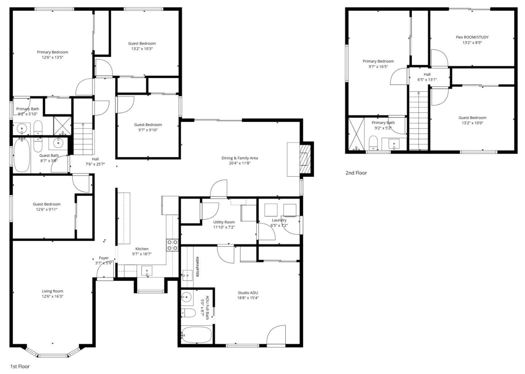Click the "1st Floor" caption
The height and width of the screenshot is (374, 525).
coord(20,366)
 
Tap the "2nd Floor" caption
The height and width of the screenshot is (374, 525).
coord(356,173)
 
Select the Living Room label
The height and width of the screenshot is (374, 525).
coord(52,291)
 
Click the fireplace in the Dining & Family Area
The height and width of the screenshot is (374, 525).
coord(303,159)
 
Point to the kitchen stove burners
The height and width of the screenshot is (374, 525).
coord(172,245)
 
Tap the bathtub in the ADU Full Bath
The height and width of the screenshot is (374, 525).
coord(197,335)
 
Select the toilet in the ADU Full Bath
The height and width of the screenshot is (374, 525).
coord(188,312)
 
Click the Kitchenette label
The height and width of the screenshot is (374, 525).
coord(198,267)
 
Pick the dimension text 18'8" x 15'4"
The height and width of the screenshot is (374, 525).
coord(248,298)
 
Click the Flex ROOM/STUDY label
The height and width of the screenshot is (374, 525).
coord(472,37)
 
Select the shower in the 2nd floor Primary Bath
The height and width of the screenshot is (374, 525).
coord(356,134)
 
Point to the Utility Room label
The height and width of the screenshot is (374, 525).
coord(224,222)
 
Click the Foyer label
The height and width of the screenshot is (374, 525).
coord(104,258)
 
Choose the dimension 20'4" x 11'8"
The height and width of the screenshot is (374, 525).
coord(240,163)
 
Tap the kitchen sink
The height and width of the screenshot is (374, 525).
coord(147,271)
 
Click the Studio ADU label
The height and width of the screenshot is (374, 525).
coord(248,293)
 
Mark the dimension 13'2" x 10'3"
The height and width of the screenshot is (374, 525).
coord(142,49)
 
